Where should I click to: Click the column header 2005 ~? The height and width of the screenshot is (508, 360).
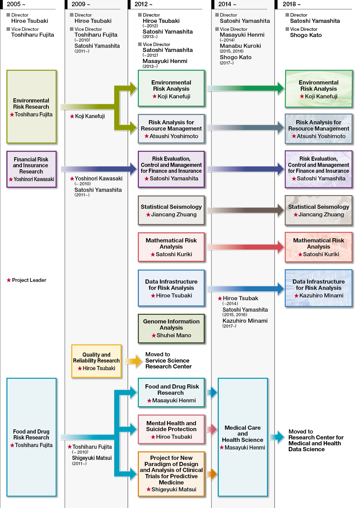16,4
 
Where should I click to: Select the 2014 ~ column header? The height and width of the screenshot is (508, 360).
227,4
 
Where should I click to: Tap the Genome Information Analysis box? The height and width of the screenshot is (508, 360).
171,328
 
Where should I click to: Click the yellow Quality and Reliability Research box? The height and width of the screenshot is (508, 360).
96,361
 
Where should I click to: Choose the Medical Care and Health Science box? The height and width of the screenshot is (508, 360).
243,437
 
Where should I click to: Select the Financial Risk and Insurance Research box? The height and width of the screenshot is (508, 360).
31,169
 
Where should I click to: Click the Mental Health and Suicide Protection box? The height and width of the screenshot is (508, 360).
171,429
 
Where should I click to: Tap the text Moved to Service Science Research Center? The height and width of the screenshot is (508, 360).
168,360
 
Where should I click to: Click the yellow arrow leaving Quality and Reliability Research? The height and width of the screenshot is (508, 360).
134,361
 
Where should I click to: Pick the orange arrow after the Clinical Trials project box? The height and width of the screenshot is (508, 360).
212,473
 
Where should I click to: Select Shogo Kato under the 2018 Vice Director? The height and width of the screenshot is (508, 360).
306,35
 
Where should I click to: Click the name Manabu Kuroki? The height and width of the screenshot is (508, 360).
240,46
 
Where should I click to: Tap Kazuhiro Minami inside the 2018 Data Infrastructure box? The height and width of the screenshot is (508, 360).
321,295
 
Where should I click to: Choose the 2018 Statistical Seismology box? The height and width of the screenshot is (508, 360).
318,210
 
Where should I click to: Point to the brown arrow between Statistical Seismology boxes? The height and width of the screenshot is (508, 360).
245,210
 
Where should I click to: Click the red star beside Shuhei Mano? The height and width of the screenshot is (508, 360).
154,336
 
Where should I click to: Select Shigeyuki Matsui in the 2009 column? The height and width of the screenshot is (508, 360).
92,458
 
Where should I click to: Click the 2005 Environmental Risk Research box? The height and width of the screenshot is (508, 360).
31,107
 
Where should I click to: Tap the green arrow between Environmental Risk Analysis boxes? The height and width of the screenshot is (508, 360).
245,88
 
